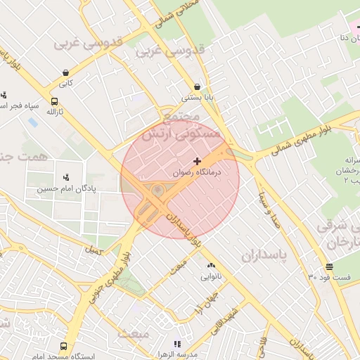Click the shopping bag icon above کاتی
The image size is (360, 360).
coord(65,72)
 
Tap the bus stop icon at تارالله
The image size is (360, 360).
coord(55,101)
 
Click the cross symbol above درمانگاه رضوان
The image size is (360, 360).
coord(197,161)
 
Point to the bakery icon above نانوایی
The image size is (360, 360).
coord(211,265)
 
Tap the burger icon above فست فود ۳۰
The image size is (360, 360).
coord(329,266)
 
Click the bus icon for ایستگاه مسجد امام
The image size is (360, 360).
coord(64,346)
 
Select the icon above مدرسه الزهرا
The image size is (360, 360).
coord(177,344)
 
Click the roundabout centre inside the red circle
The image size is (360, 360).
coord(157,190)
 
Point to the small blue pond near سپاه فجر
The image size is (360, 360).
coord(32,122)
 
